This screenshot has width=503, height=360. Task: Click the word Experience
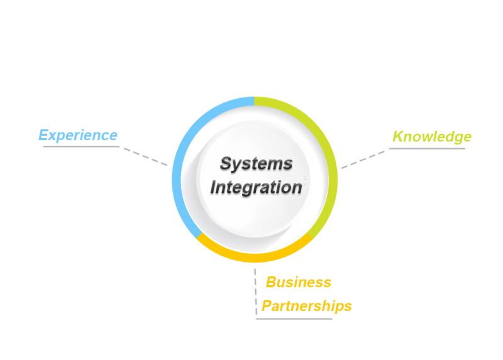pos(78,135)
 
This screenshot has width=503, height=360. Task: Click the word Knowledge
pos(431,136)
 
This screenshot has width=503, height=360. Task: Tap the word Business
pos(299,282)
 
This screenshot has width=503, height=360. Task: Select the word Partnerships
pos(306,306)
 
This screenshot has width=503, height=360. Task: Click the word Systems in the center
pos(256,164)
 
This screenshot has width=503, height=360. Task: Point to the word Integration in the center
pos(256,187)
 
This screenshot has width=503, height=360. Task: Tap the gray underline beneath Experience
pos(80,147)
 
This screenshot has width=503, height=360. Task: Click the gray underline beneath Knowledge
pos(427,148)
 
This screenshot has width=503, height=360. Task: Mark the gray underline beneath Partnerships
pos(294,319)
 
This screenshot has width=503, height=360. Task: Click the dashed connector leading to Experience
pos(145,156)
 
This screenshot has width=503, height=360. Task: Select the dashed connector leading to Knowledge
pos(363,159)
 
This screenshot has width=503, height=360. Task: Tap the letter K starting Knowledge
pos(398,136)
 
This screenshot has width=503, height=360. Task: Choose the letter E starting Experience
pos(44,135)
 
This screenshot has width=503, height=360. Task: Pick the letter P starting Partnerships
pos(267,306)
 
